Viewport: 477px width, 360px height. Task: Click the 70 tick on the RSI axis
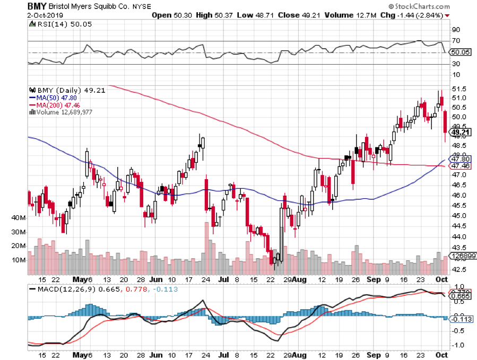[455, 41]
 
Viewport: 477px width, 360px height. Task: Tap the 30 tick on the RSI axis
[455, 64]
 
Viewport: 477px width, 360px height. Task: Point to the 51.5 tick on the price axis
[458, 88]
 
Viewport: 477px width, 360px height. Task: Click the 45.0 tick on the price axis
[458, 216]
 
